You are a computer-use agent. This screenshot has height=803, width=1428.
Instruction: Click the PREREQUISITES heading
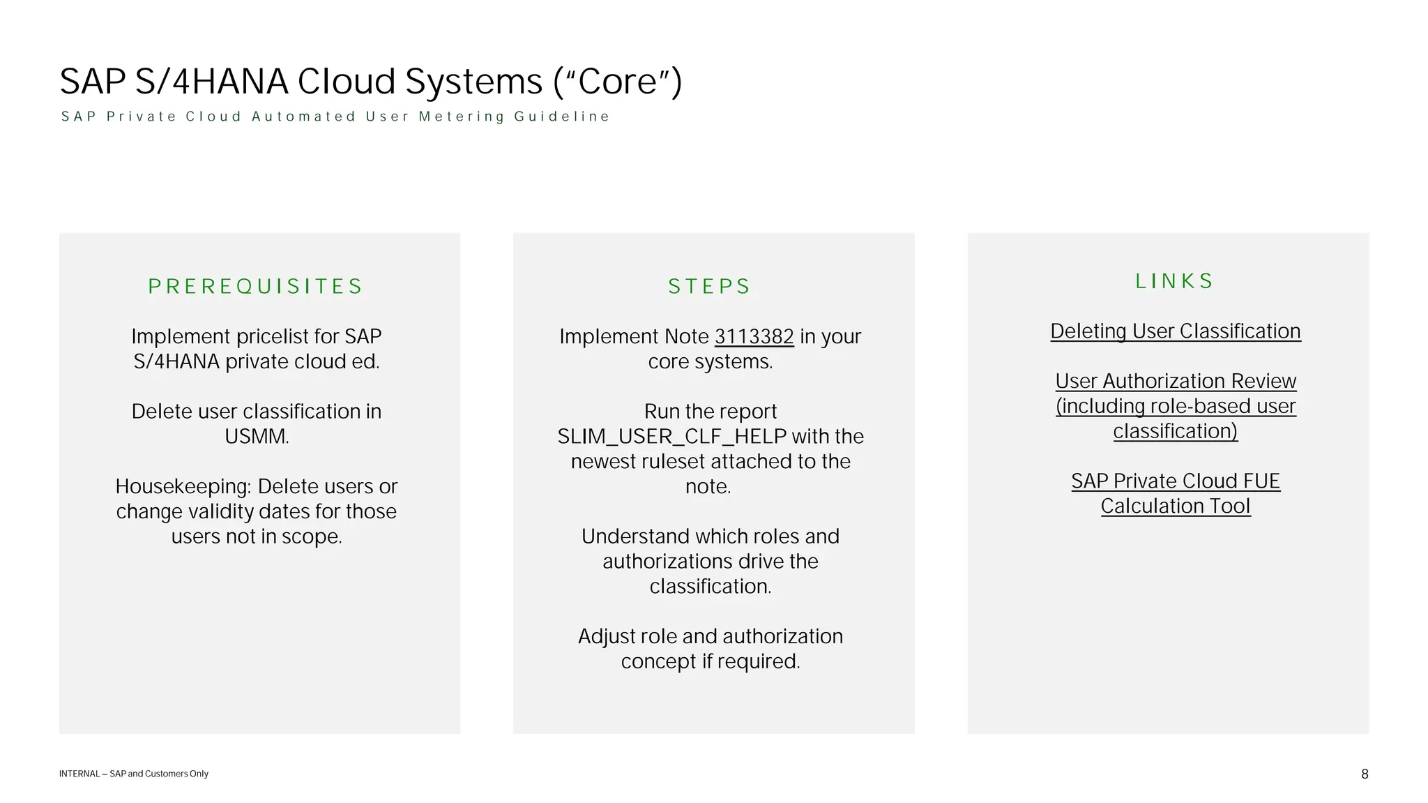255,286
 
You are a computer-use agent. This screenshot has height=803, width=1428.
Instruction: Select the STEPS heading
709,286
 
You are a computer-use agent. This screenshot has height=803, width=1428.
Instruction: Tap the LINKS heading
1174,280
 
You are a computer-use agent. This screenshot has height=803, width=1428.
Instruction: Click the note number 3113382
754,336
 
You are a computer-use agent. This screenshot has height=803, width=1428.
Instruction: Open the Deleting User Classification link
1175,331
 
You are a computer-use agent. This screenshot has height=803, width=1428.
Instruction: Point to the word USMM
256,437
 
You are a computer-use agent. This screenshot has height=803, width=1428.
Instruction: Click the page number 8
1365,774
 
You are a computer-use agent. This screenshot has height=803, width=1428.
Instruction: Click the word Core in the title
618,82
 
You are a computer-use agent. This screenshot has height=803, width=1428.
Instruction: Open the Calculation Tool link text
1175,506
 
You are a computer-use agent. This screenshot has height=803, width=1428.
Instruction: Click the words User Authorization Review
1175,381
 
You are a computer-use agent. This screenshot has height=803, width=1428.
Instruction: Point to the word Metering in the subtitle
461,117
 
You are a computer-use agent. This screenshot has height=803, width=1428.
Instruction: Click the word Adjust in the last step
606,636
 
